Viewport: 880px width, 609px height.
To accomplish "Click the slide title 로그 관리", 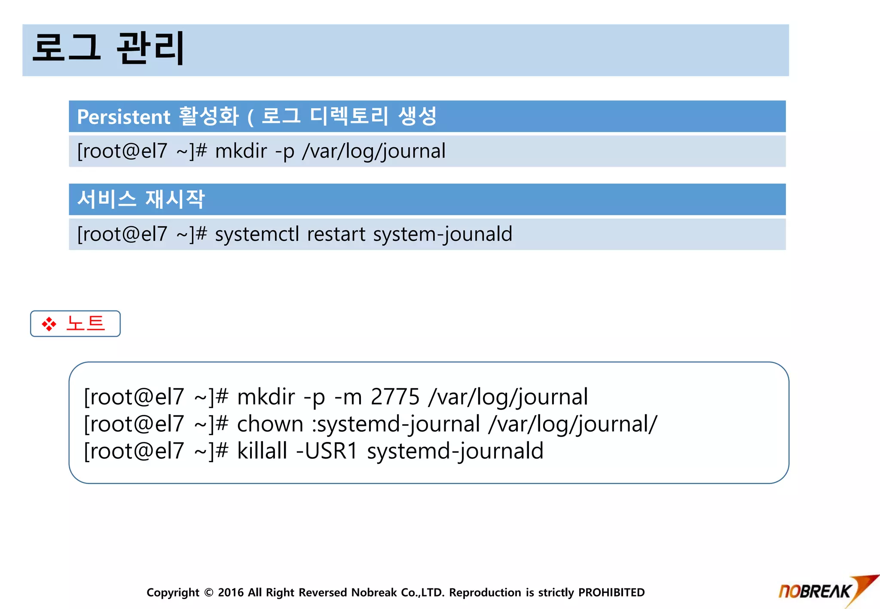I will click(108, 48).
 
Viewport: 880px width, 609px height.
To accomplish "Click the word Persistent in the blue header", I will click(124, 117).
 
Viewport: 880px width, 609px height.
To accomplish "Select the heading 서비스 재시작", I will click(141, 199).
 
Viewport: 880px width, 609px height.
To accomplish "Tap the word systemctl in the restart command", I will click(257, 234).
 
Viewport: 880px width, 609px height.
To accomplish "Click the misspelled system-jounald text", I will click(443, 234).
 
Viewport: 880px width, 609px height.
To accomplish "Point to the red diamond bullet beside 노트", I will click(49, 324).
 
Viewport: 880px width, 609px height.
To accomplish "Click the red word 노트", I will click(86, 323).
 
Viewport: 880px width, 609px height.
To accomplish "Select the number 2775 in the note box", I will click(395, 396).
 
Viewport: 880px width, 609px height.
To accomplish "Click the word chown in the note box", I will click(270, 424).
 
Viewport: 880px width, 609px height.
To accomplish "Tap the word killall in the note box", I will click(262, 451).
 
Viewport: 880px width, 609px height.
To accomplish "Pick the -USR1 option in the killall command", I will click(327, 451).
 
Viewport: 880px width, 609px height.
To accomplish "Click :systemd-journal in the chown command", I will click(396, 424).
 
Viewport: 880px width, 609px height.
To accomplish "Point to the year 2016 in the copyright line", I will click(231, 593).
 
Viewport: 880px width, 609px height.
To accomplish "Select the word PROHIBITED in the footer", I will click(611, 593).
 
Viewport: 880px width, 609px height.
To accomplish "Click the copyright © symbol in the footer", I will click(209, 593).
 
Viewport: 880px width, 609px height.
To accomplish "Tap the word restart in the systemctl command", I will click(336, 234).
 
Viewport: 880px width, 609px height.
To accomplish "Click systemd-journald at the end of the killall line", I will click(455, 451).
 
